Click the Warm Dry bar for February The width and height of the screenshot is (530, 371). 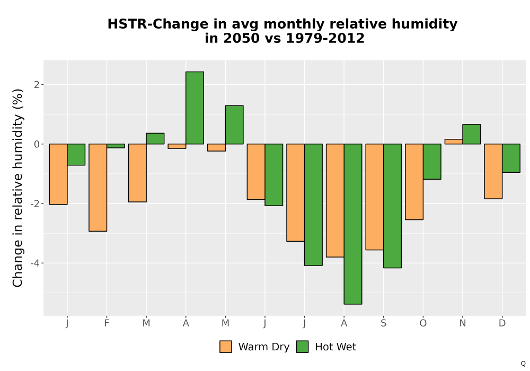[x=98, y=188]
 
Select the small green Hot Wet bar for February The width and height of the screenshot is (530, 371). [x=116, y=146]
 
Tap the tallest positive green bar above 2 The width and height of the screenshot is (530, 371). [x=195, y=108]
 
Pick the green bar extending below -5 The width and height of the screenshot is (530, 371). [x=353, y=224]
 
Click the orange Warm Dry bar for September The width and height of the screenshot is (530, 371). [x=375, y=197]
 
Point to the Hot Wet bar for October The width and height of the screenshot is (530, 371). [x=432, y=162]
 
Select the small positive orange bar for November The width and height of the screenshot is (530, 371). [x=454, y=142]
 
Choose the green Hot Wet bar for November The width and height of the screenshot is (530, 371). [x=472, y=134]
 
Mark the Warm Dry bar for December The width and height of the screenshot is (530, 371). [x=493, y=171]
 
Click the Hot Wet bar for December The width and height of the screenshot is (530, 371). [x=511, y=158]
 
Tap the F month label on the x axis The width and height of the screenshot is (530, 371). [x=107, y=323]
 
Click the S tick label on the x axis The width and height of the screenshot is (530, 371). [x=383, y=323]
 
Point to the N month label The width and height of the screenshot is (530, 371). [x=462, y=323]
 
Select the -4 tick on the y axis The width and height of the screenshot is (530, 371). [x=35, y=263]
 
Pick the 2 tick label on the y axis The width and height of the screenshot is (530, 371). [x=37, y=84]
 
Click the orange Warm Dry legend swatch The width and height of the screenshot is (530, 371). [x=226, y=347]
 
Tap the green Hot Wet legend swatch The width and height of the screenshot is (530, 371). [x=302, y=347]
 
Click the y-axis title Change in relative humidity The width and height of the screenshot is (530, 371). [x=17, y=188]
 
